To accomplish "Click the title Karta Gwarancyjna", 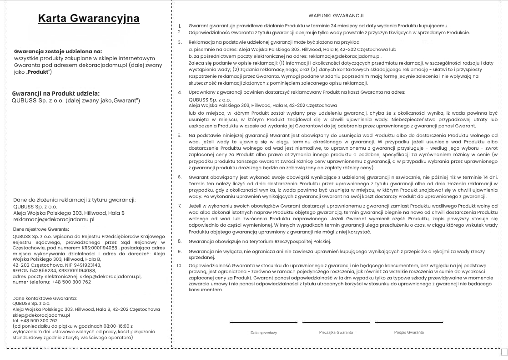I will [89, 18].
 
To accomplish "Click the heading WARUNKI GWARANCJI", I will [339, 15].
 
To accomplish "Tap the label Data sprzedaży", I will [263, 333].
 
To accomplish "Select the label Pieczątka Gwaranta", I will [336, 332].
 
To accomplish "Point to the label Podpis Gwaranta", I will [409, 332].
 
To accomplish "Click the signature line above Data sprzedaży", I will [263, 322].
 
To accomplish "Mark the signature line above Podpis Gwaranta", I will [409, 322].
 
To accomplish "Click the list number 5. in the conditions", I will [179, 135].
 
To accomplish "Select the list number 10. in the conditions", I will [179, 265].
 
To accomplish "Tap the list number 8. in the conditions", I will [179, 241].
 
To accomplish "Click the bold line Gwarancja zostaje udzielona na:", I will [58, 51].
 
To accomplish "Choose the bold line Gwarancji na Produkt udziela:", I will [55, 93].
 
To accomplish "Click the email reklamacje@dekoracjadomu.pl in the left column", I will [54, 219].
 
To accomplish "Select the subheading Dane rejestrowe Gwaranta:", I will [41, 229].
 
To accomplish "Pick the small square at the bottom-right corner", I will [504, 352].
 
